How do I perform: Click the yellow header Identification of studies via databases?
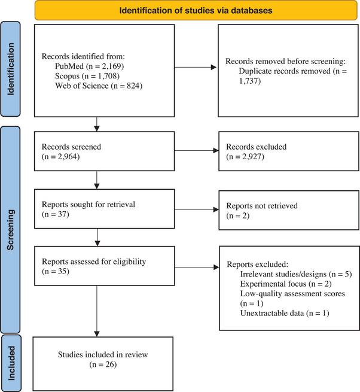(x=196, y=10)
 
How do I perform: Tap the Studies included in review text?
(x=103, y=354)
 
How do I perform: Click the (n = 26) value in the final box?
(x=103, y=363)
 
